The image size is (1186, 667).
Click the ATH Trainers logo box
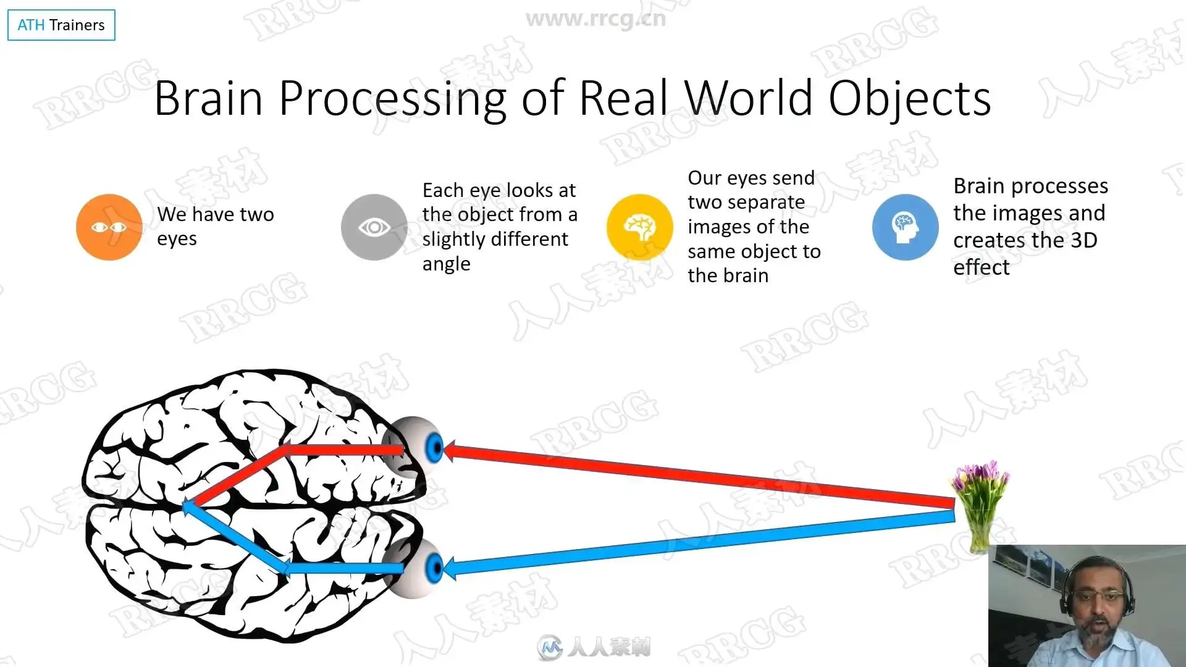click(61, 25)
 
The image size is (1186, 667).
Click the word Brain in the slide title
click(209, 98)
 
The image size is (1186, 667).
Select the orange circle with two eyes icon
click(109, 227)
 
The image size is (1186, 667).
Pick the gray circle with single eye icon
click(374, 227)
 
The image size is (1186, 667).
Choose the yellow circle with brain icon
click(640, 227)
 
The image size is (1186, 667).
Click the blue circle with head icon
click(906, 227)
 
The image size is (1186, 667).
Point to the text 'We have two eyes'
click(216, 226)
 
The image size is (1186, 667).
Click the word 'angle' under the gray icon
click(447, 264)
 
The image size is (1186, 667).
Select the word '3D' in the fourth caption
click(1083, 240)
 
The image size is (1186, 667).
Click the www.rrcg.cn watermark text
click(596, 19)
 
